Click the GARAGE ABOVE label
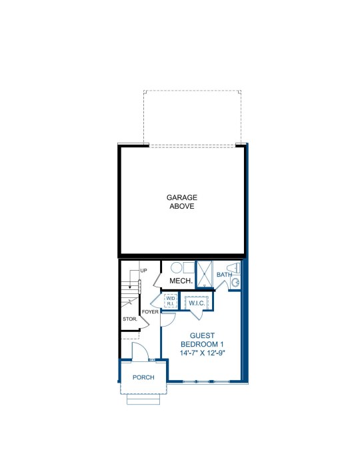point(181,202)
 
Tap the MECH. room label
point(181,281)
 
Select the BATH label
point(224,274)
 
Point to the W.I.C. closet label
point(197,303)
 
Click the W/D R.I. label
point(171,301)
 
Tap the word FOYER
point(150,312)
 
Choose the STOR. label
point(130,319)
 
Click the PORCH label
point(143,377)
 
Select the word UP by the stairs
point(143,271)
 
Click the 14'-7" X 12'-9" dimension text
point(202,353)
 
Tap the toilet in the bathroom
point(234,268)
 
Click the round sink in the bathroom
point(235,283)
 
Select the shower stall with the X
point(204,275)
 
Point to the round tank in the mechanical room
point(176,268)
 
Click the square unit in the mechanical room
point(189,267)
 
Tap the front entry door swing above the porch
point(140,352)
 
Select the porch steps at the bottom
point(143,399)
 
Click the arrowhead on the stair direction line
point(130,287)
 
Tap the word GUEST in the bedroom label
point(202,335)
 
